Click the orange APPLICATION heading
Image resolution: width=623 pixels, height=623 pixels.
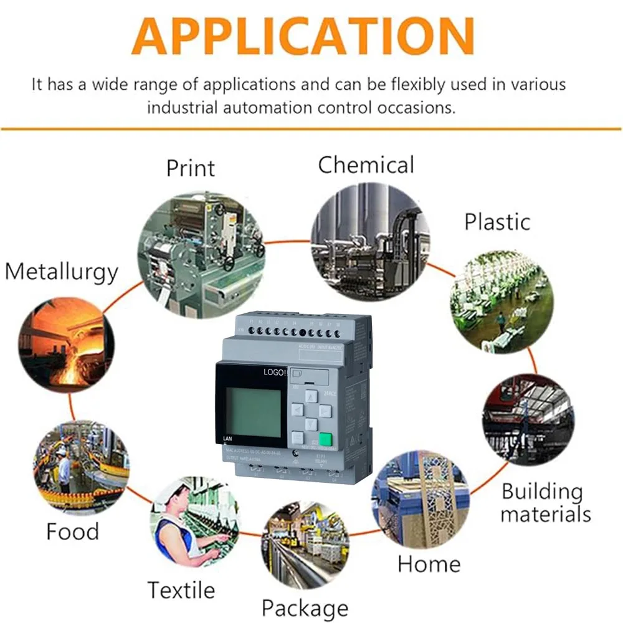tap(303, 36)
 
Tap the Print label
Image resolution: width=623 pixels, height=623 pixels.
tap(191, 168)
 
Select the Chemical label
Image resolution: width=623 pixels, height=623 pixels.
tap(366, 165)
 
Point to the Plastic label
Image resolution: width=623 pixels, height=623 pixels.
tap(497, 222)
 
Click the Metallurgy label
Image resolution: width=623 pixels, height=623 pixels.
tap(61, 272)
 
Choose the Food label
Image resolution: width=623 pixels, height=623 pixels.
tap(72, 531)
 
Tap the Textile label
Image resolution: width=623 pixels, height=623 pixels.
tap(181, 589)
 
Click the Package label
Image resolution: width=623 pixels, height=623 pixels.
tap(305, 607)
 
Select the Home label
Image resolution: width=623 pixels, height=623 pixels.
tap(429, 564)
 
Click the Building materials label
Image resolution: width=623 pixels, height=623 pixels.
tap(545, 503)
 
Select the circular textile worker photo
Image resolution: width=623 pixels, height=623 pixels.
tap(194, 520)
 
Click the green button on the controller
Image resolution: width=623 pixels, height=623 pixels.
tap(325, 440)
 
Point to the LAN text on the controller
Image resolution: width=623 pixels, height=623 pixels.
tap(227, 439)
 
